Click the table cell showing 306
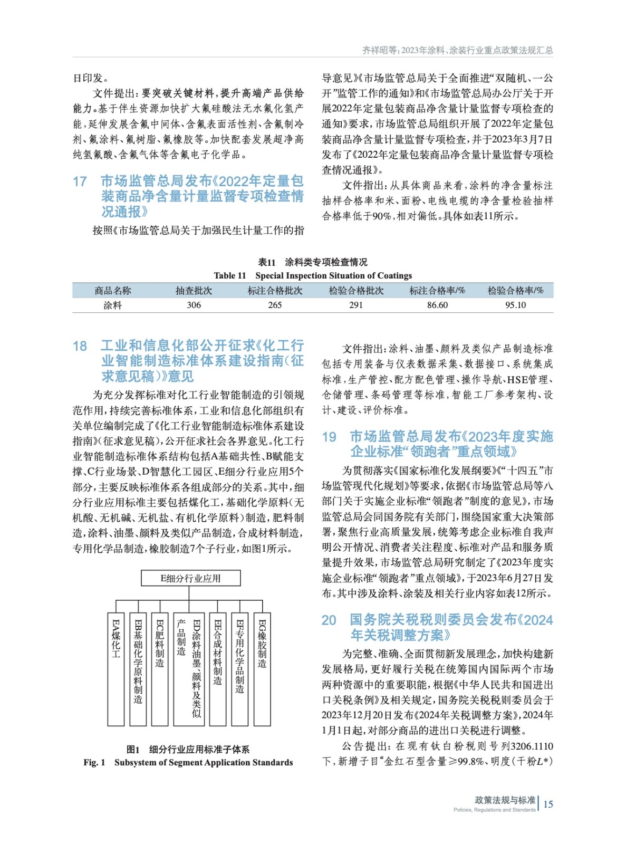[194, 305]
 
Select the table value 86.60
[437, 305]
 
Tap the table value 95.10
[515, 305]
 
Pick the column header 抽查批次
[194, 291]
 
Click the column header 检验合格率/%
[515, 291]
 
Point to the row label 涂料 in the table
[112, 305]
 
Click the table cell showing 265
[275, 305]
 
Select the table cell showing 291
[356, 305]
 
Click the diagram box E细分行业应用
[190, 578]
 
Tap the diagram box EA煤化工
[115, 669]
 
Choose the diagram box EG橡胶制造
[262, 669]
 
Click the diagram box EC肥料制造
[160, 669]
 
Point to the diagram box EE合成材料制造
[218, 669]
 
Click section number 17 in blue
[80, 181]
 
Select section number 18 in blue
[80, 346]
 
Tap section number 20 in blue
[329, 620]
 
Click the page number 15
[548, 804]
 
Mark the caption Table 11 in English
[230, 275]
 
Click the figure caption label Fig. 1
[94, 762]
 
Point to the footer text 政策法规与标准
[505, 800]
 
